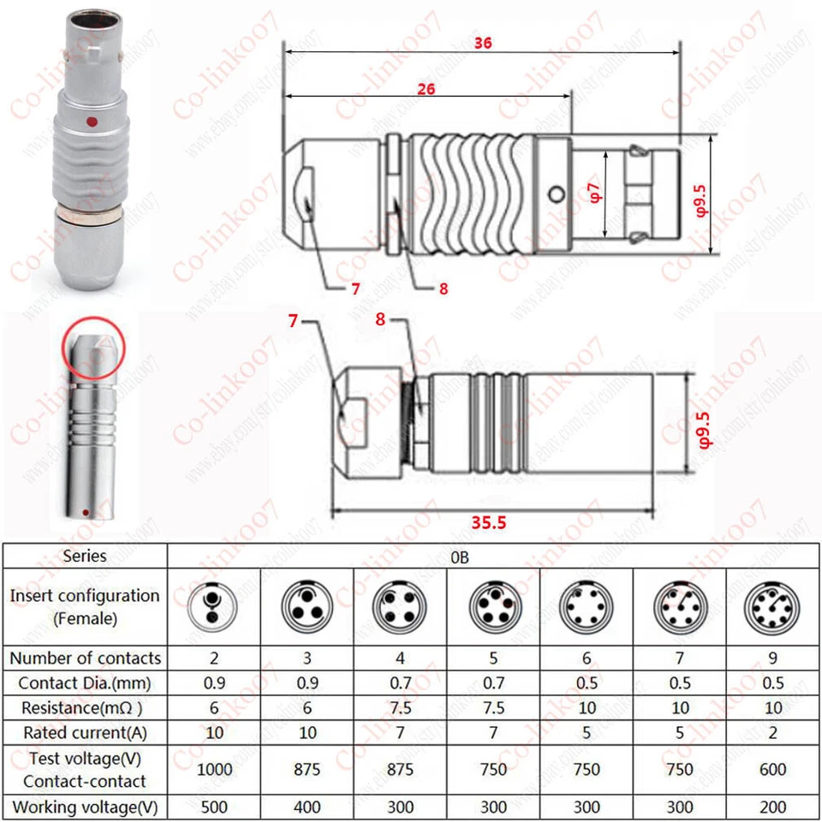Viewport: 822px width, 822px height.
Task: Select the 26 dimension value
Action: point(426,89)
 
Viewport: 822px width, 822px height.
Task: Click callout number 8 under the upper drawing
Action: point(443,289)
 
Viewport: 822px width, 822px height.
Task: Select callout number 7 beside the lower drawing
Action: point(293,320)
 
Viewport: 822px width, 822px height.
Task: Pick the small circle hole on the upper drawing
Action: point(558,194)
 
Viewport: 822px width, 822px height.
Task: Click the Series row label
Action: point(85,556)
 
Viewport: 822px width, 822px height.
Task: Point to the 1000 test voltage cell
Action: point(214,769)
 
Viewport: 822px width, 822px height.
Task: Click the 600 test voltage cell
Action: point(771,769)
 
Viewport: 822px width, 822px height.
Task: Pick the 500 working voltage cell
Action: point(214,807)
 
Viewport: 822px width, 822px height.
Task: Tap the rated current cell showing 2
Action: point(771,732)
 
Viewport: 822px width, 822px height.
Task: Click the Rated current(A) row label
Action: point(85,732)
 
